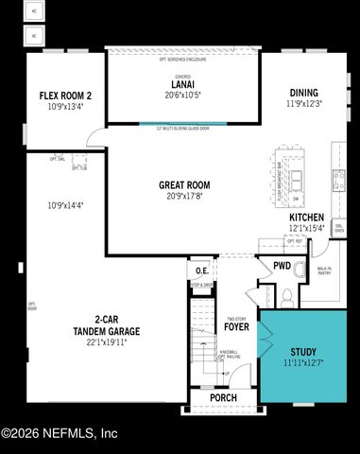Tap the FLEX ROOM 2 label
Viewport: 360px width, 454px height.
click(65, 96)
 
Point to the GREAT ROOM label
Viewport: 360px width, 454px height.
click(184, 185)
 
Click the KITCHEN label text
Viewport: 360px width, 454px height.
click(306, 218)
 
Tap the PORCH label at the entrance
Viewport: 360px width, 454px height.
click(223, 398)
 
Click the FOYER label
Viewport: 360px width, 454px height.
click(236, 328)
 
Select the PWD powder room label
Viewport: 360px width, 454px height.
click(282, 267)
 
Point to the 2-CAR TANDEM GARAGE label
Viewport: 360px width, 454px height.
click(107, 325)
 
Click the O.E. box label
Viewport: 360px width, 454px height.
click(201, 271)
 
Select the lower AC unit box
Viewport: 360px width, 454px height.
click(34, 36)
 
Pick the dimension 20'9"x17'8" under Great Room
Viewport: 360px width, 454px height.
click(184, 197)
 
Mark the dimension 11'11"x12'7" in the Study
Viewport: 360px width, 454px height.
click(303, 362)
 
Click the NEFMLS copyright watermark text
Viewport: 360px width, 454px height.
click(59, 433)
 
